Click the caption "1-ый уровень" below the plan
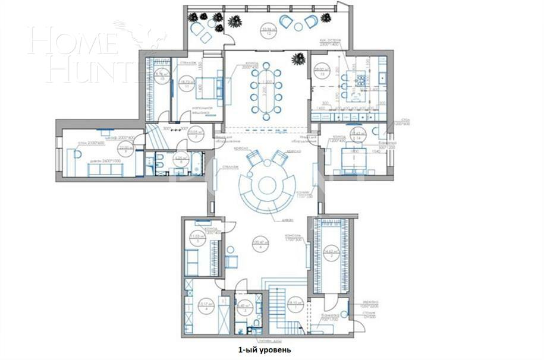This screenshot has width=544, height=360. click(x=261, y=350)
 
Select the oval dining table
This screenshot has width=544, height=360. click(x=266, y=89)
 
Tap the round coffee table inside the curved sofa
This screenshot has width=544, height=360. click(x=267, y=185)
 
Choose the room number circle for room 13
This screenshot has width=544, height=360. click(x=323, y=71)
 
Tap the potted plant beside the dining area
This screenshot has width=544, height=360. click(x=300, y=59)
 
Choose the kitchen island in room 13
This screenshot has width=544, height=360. click(x=359, y=80)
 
